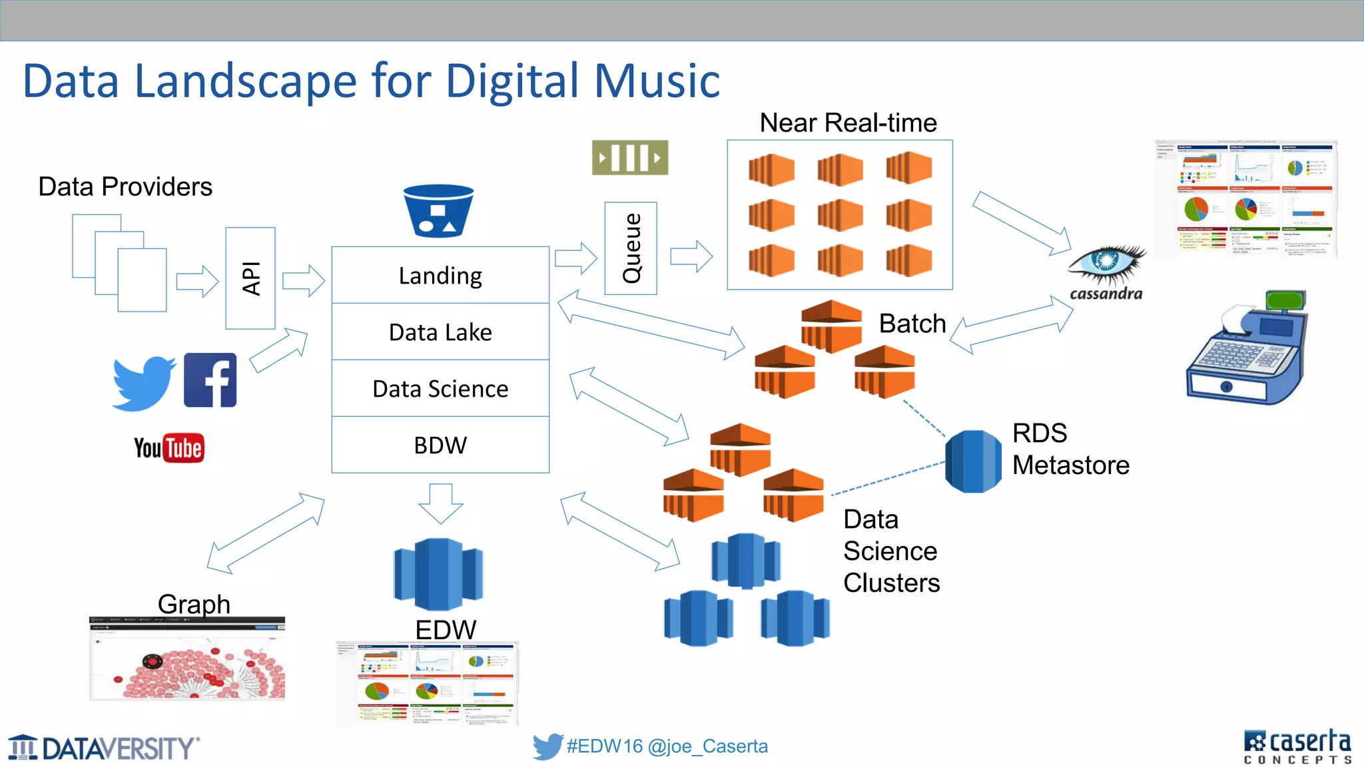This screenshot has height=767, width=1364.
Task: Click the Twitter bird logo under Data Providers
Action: tap(143, 383)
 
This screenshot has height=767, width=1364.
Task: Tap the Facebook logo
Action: tap(210, 380)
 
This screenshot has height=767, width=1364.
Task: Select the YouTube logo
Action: tap(169, 448)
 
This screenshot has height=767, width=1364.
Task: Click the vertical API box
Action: tap(250, 278)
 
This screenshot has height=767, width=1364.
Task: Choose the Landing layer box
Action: tap(440, 276)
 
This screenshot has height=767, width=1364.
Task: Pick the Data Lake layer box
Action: tap(440, 332)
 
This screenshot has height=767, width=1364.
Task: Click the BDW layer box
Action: tap(440, 445)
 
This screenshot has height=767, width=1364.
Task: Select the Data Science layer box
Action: tap(440, 389)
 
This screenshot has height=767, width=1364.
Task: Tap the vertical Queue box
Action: tap(631, 248)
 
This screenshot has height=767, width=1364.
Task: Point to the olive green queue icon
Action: tap(630, 158)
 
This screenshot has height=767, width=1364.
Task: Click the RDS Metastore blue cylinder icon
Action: tap(973, 461)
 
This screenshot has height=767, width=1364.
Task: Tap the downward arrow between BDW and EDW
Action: tap(441, 503)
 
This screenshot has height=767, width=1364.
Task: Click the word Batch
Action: tap(912, 324)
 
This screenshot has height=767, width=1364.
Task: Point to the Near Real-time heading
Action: tap(848, 123)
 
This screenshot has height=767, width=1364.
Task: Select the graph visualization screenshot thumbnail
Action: tap(187, 659)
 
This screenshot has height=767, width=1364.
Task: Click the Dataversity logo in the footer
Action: tap(104, 748)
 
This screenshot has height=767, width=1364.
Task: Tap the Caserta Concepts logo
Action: tap(1297, 746)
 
